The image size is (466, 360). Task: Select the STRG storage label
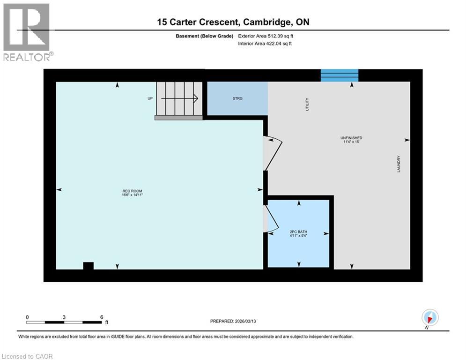pyautogui.click(x=237, y=98)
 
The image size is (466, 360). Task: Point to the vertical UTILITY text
pyautogui.click(x=307, y=104)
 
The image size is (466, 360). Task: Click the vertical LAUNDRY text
pyautogui.click(x=399, y=164)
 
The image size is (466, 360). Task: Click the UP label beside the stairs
pyautogui.click(x=151, y=98)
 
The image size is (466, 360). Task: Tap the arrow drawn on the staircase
pyautogui.click(x=180, y=98)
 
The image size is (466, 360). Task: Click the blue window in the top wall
pyautogui.click(x=340, y=75)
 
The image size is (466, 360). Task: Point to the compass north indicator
pyautogui.click(x=429, y=317)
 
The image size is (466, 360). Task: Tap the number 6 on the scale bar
pyautogui.click(x=101, y=317)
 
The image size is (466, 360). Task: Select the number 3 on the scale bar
pyautogui.click(x=64, y=317)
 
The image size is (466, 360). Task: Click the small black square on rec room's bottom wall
pyautogui.click(x=88, y=266)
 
